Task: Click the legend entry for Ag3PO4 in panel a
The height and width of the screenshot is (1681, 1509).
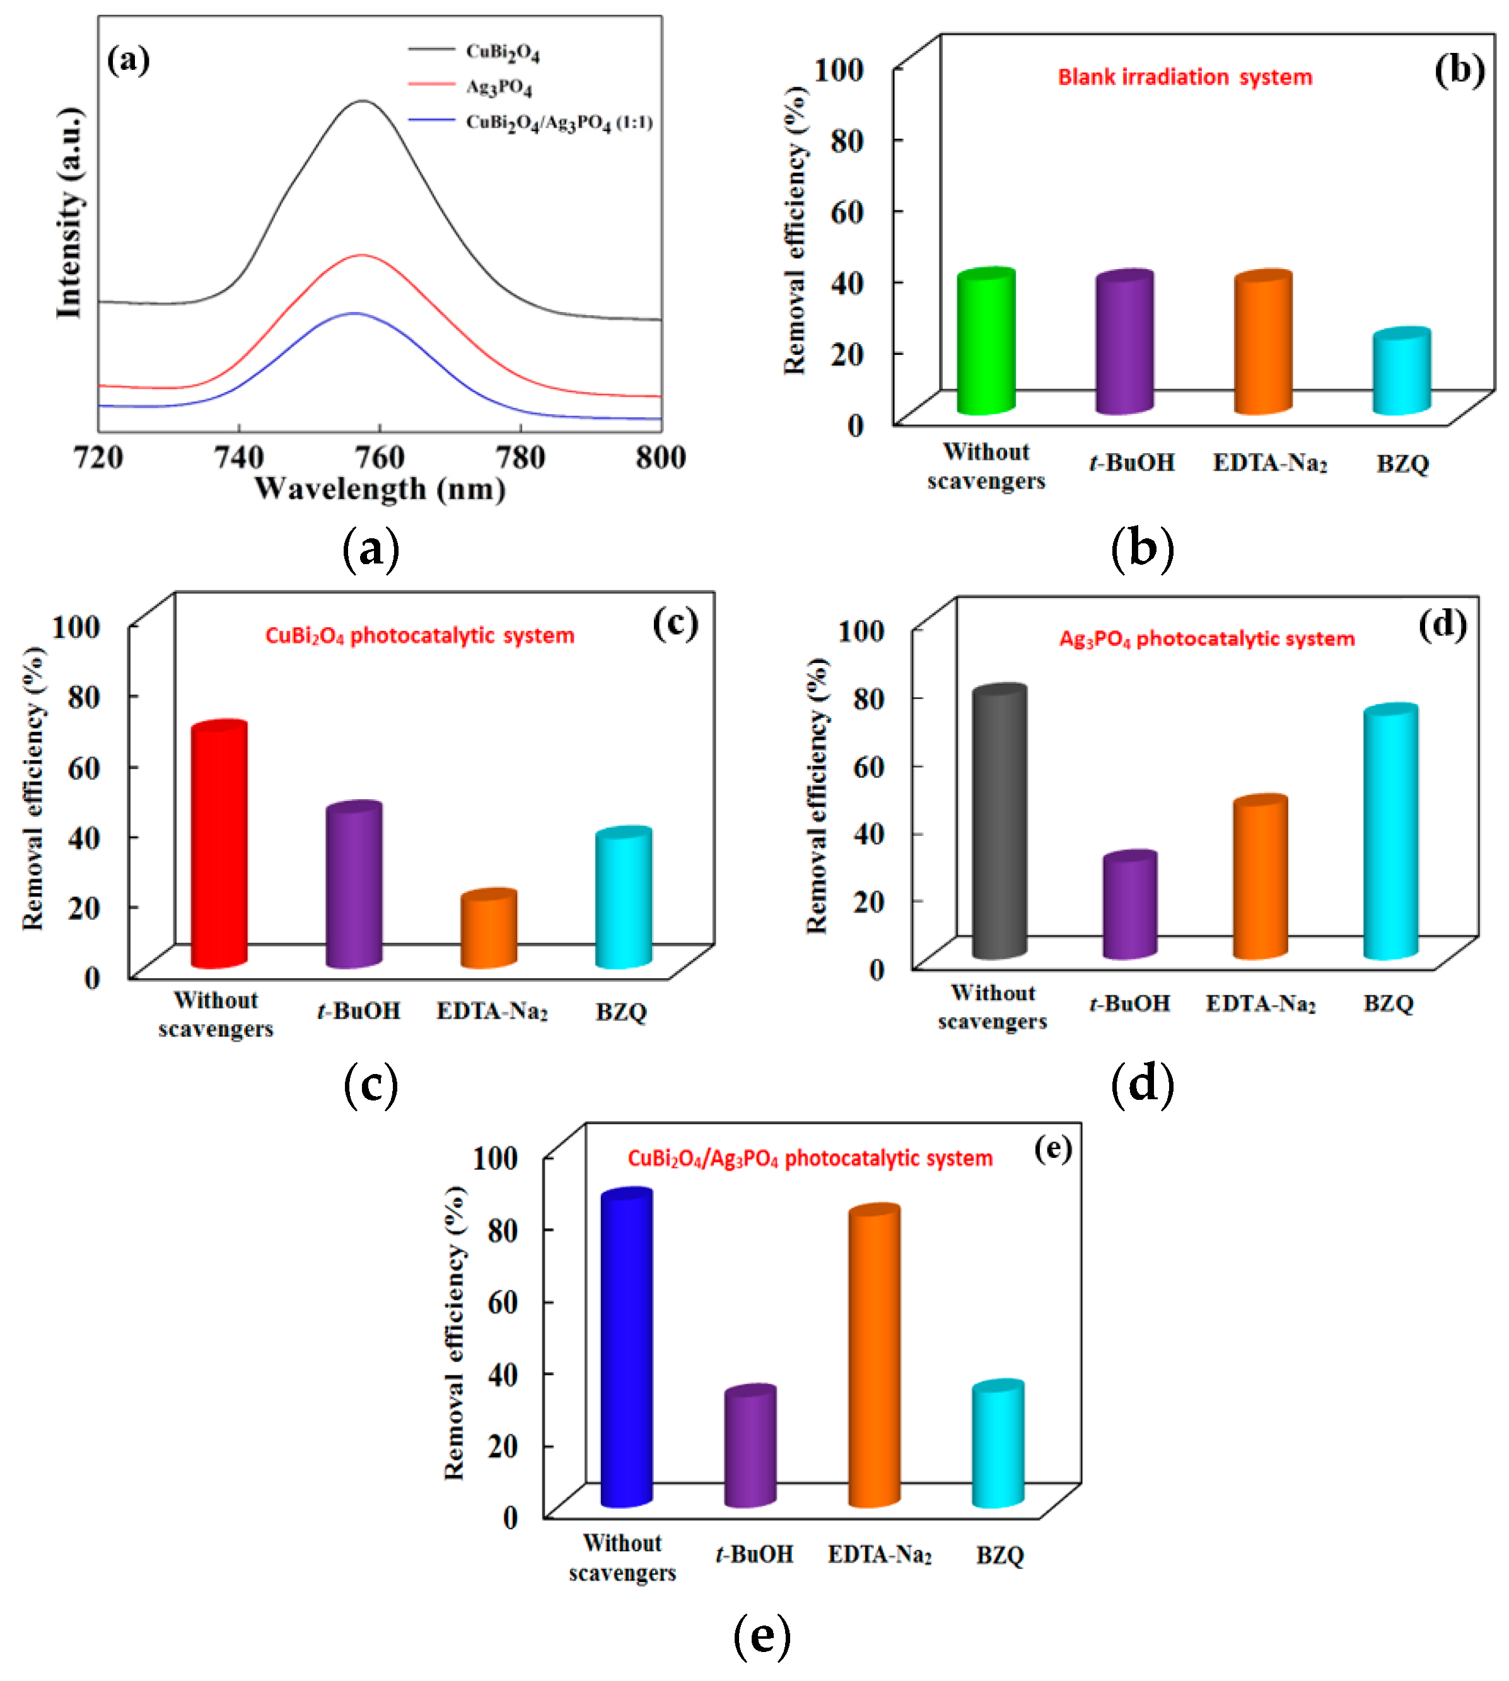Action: (498, 86)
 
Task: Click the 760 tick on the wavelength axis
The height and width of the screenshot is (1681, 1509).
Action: (379, 458)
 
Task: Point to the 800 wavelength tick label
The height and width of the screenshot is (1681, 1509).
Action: (661, 458)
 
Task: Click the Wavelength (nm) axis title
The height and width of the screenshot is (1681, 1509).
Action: (380, 489)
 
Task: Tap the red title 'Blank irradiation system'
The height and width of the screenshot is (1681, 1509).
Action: (1185, 77)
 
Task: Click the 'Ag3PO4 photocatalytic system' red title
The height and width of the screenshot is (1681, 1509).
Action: (1206, 638)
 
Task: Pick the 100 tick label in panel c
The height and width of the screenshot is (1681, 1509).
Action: (76, 627)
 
